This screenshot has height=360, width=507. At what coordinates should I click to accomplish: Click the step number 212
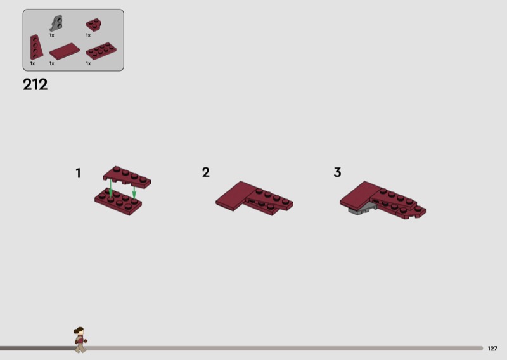click(x=35, y=84)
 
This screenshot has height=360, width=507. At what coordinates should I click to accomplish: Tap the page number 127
click(x=492, y=349)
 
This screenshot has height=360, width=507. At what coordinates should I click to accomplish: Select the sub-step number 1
click(x=78, y=173)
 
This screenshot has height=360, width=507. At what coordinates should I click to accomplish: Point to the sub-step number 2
click(x=205, y=172)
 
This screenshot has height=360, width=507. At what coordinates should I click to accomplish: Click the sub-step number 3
click(x=337, y=172)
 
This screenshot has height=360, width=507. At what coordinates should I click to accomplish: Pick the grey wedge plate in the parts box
click(x=56, y=23)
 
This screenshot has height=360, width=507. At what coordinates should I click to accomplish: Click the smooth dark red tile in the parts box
click(x=65, y=51)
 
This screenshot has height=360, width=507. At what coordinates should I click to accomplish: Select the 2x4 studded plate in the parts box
click(x=101, y=51)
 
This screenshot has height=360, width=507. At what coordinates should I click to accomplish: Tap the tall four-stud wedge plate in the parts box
click(x=36, y=48)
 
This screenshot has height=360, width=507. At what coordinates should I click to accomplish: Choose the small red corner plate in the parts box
click(x=93, y=25)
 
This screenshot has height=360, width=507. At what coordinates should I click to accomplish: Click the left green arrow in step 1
click(x=111, y=188)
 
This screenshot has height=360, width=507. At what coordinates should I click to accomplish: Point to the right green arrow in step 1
click(x=134, y=192)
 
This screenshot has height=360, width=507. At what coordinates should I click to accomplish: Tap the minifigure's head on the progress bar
click(x=79, y=331)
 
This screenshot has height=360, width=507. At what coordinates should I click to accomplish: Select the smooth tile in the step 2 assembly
click(x=236, y=196)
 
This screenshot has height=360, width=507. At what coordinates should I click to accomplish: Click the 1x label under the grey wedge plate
click(x=52, y=35)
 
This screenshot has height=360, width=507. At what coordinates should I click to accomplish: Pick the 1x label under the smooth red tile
click(x=52, y=64)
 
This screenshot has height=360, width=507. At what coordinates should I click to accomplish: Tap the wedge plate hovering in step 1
click(x=127, y=177)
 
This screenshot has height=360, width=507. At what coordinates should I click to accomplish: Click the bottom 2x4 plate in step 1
click(x=118, y=201)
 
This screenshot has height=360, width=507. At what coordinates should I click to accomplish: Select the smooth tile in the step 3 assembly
click(x=359, y=196)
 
